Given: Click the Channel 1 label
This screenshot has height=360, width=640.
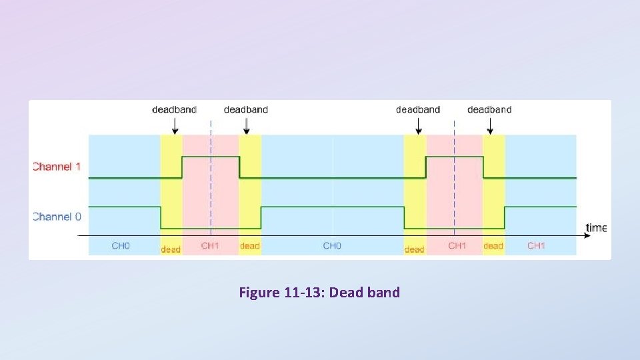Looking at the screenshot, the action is (x=57, y=166).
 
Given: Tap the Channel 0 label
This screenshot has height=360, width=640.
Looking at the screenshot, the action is (x=57, y=216).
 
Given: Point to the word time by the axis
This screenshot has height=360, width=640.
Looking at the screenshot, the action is (x=596, y=228).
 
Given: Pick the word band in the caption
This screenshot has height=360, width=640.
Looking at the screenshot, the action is (x=383, y=292).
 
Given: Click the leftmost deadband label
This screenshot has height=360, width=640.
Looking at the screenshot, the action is (x=175, y=109).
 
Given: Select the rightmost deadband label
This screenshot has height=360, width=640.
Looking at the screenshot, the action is (x=489, y=109).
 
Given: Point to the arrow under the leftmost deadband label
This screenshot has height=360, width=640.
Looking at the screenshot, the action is (x=175, y=125).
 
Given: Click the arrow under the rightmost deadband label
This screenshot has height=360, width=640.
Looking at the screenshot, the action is (x=490, y=125).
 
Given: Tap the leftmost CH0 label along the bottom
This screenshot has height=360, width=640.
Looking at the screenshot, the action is (x=121, y=246).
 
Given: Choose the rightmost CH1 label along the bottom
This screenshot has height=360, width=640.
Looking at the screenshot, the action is (x=536, y=246).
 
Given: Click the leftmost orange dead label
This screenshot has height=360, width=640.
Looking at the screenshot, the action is (x=171, y=249).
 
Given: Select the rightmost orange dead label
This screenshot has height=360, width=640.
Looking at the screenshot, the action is (x=493, y=246).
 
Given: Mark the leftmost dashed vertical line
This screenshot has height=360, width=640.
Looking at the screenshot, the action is (x=211, y=180).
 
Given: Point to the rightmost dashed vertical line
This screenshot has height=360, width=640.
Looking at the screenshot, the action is (x=455, y=180).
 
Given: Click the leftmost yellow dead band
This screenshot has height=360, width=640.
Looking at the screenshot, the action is (x=171, y=193).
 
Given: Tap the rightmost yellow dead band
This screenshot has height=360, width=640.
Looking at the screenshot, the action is (x=494, y=193).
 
